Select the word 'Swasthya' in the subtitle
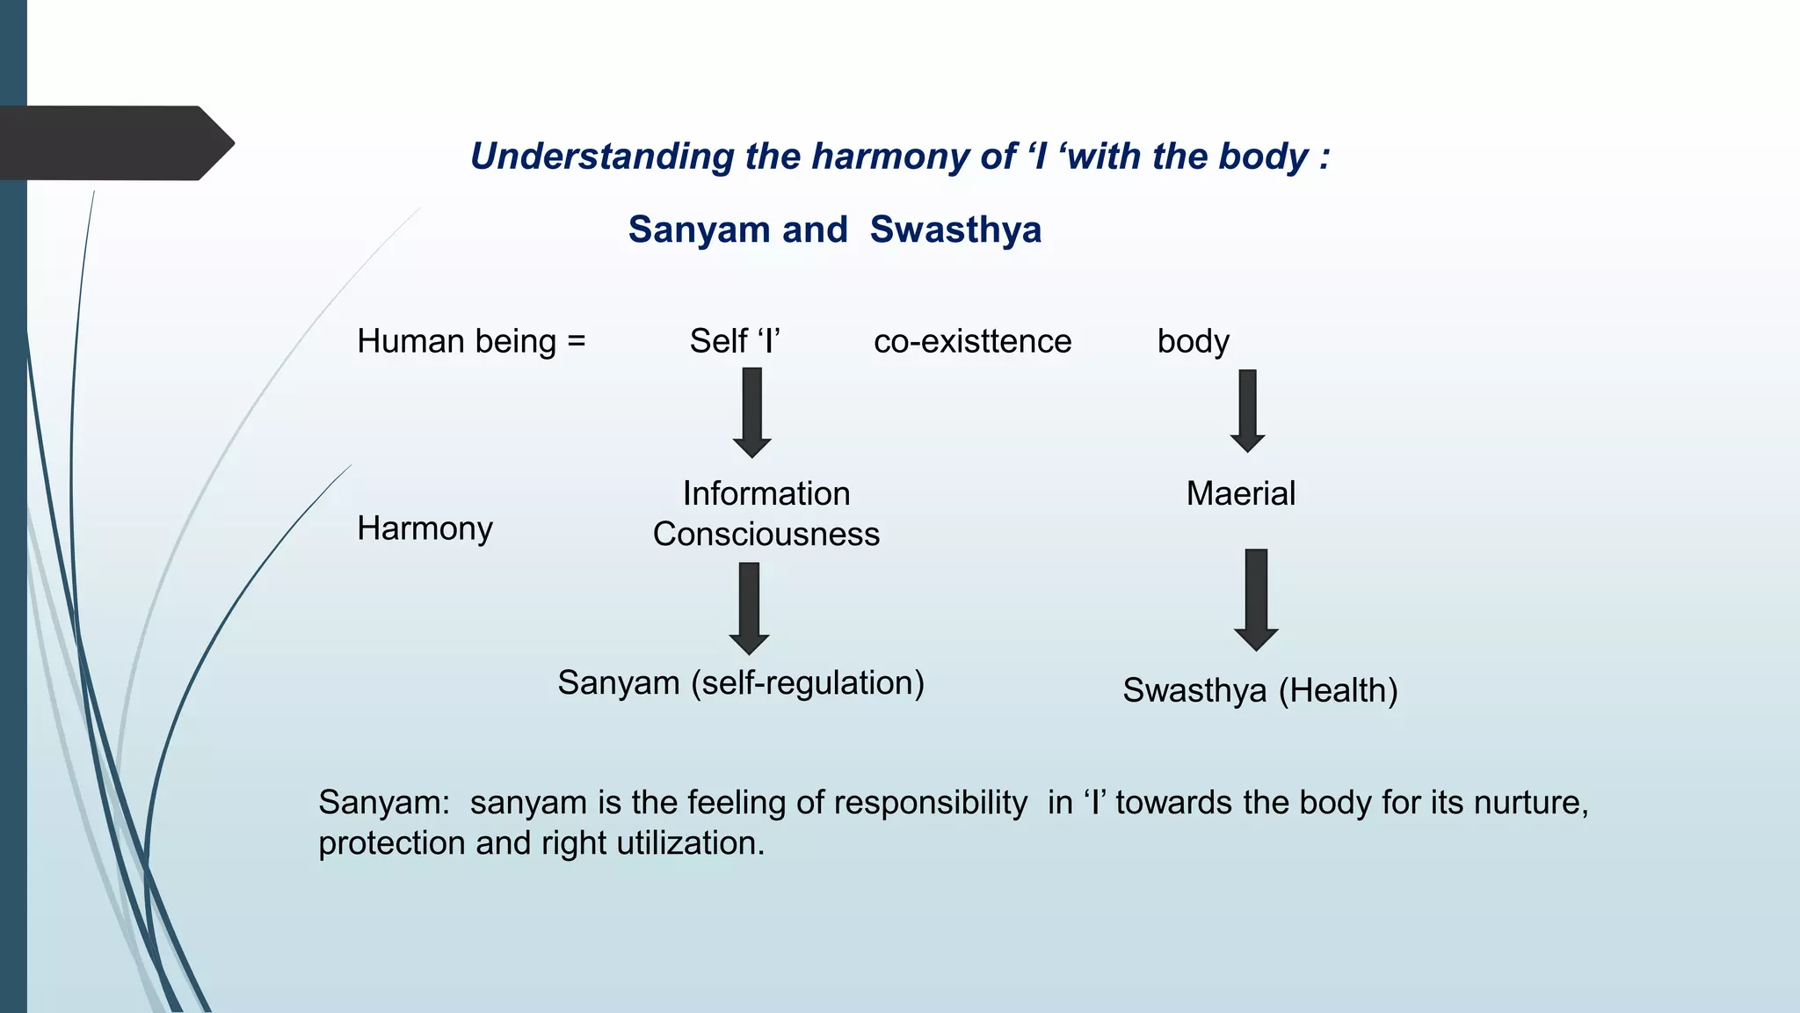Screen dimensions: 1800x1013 pyautogui.click(x=955, y=230)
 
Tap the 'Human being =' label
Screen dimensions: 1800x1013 pyautogui.click(x=471, y=341)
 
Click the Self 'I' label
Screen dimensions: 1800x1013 pyautogui.click(x=735, y=341)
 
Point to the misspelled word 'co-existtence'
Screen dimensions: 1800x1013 pyautogui.click(x=972, y=341)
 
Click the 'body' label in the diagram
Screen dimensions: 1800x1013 pyautogui.click(x=1193, y=341)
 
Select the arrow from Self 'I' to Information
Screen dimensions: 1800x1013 pyautogui.click(x=751, y=412)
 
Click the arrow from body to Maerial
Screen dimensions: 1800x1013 pyautogui.click(x=1247, y=410)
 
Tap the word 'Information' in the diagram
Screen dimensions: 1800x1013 pyautogui.click(x=766, y=493)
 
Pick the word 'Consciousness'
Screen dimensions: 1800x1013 pyautogui.click(x=766, y=535)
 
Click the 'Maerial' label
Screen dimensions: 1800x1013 pyautogui.click(x=1240, y=493)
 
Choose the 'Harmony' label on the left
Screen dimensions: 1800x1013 pyautogui.click(x=425, y=528)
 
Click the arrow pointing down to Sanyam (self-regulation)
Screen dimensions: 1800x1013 pyautogui.click(x=749, y=608)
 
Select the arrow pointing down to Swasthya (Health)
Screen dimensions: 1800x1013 pyautogui.click(x=1256, y=599)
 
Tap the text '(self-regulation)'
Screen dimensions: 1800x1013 pyautogui.click(x=807, y=683)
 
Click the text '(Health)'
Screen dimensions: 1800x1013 pyautogui.click(x=1338, y=691)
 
